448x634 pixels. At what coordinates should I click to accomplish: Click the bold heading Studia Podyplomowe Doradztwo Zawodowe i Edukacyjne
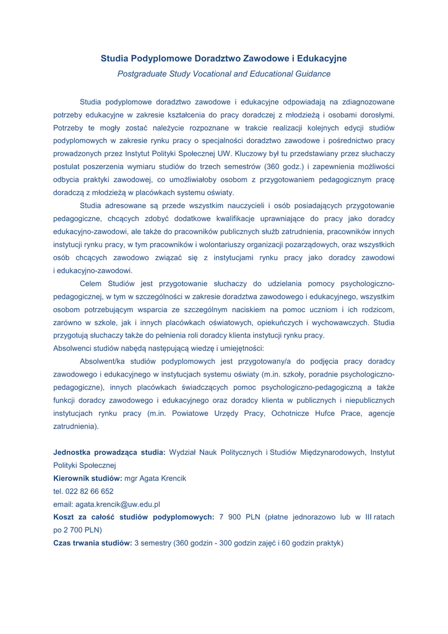223,59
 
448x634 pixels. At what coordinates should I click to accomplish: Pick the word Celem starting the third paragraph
93,284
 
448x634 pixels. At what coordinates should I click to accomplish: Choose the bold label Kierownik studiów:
88,478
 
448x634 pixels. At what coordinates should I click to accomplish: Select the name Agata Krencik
160,478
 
